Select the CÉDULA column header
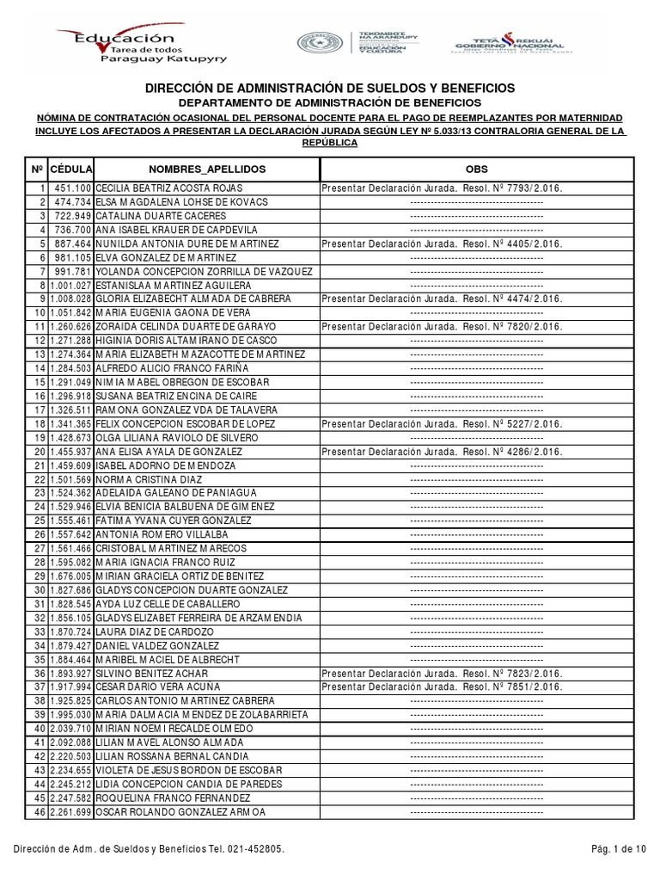(x=71, y=169)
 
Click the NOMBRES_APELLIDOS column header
(x=207, y=169)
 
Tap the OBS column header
(x=476, y=169)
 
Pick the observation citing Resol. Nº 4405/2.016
(x=442, y=243)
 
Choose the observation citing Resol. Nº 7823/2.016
(x=442, y=674)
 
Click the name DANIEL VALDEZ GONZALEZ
(x=159, y=645)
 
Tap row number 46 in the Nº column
(x=39, y=812)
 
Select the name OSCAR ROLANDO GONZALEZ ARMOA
(x=180, y=812)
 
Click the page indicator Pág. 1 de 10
(x=617, y=850)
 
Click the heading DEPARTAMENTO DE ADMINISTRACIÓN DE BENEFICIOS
(x=330, y=102)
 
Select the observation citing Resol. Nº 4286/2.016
(x=442, y=451)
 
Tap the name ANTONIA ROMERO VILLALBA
(x=162, y=534)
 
